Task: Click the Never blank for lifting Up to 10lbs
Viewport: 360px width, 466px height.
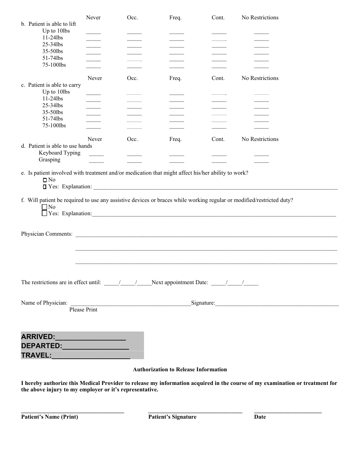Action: tap(93, 33)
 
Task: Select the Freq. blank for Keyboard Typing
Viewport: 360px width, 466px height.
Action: tap(177, 155)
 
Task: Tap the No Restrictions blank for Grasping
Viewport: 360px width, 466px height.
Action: tap(261, 161)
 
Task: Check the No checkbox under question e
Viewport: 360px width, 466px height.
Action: tap(45, 180)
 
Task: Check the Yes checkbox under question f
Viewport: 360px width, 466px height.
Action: tap(44, 213)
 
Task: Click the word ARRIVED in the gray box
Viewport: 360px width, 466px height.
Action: tap(38, 336)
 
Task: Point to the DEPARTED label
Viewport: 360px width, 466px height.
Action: tap(41, 346)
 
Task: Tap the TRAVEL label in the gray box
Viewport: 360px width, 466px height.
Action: tap(36, 355)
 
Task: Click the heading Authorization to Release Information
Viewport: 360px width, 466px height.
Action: tap(180, 369)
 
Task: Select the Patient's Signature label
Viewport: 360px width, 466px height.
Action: tap(172, 417)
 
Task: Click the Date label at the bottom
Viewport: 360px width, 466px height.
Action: tap(260, 417)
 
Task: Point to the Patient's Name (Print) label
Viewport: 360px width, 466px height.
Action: tap(50, 417)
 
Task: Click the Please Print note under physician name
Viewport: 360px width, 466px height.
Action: tap(83, 310)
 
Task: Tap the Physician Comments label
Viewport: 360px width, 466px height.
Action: tap(47, 234)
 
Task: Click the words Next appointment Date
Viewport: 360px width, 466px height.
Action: tap(180, 282)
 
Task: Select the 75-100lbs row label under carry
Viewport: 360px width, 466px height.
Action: tap(54, 125)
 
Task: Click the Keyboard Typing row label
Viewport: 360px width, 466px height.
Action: tap(59, 153)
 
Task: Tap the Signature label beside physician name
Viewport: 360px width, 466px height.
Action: tap(203, 303)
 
